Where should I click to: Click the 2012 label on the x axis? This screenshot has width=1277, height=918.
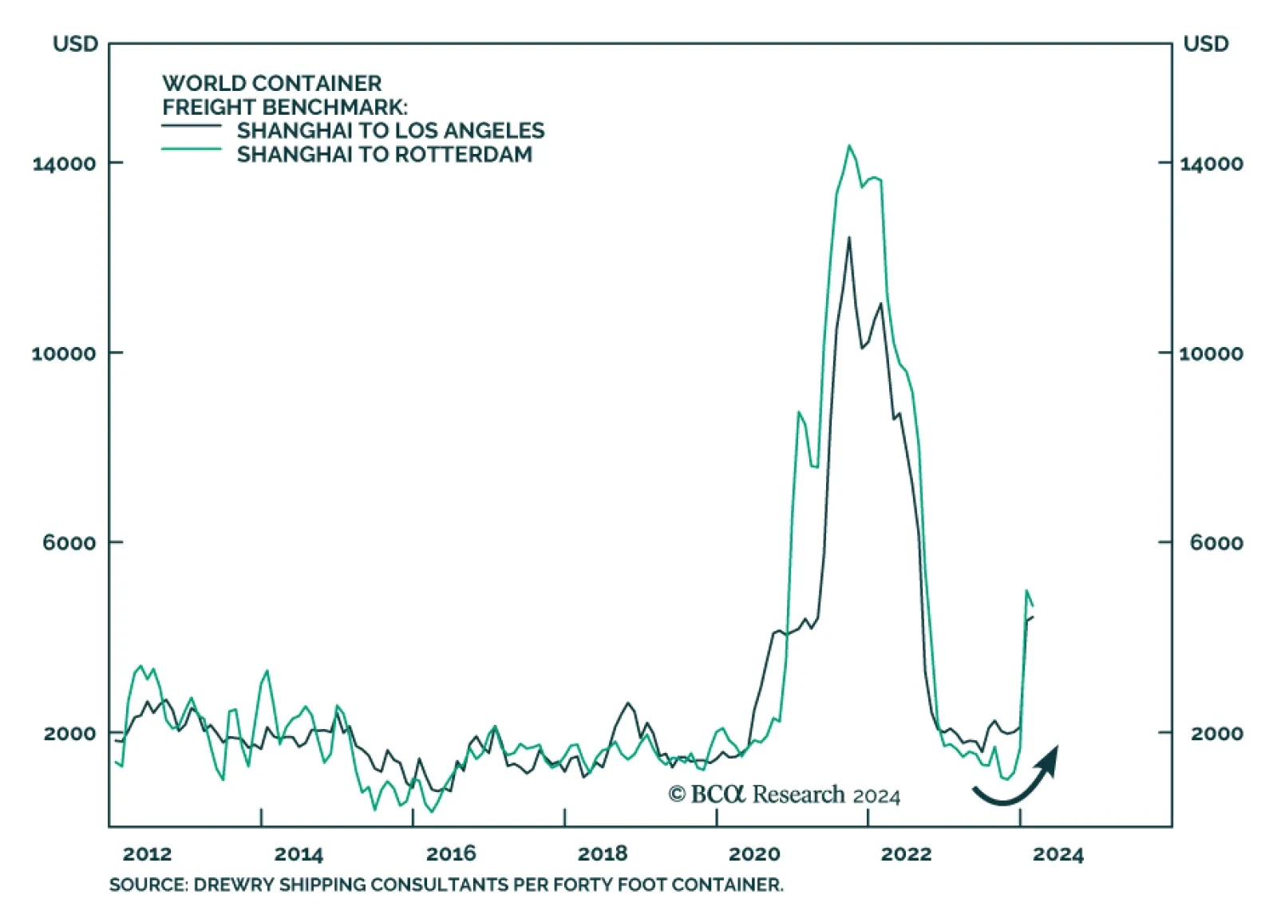tap(147, 854)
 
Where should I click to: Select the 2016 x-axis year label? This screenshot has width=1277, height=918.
tap(451, 854)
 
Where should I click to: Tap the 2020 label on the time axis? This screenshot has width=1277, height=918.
tap(754, 854)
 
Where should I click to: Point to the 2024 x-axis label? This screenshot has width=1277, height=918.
tap(1058, 854)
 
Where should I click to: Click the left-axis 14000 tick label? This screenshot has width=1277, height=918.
tap(64, 164)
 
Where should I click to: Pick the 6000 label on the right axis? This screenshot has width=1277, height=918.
tap(1216, 543)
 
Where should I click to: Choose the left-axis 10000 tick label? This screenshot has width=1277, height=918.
tap(64, 353)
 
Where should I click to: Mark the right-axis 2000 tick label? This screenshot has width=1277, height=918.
tap(1216, 733)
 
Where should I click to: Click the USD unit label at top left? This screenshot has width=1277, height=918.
tap(75, 44)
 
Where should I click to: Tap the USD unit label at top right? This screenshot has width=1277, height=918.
tap(1205, 44)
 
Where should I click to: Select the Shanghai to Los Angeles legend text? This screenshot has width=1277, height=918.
tap(390, 131)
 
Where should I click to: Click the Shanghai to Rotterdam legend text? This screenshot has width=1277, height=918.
tap(384, 155)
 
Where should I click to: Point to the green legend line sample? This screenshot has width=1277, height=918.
tap(192, 149)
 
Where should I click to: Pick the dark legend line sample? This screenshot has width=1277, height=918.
tap(192, 126)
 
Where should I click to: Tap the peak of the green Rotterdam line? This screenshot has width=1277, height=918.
tap(849, 146)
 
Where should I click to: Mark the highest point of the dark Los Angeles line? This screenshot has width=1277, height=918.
tap(848, 238)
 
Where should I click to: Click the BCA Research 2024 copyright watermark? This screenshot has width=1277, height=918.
tap(784, 795)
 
